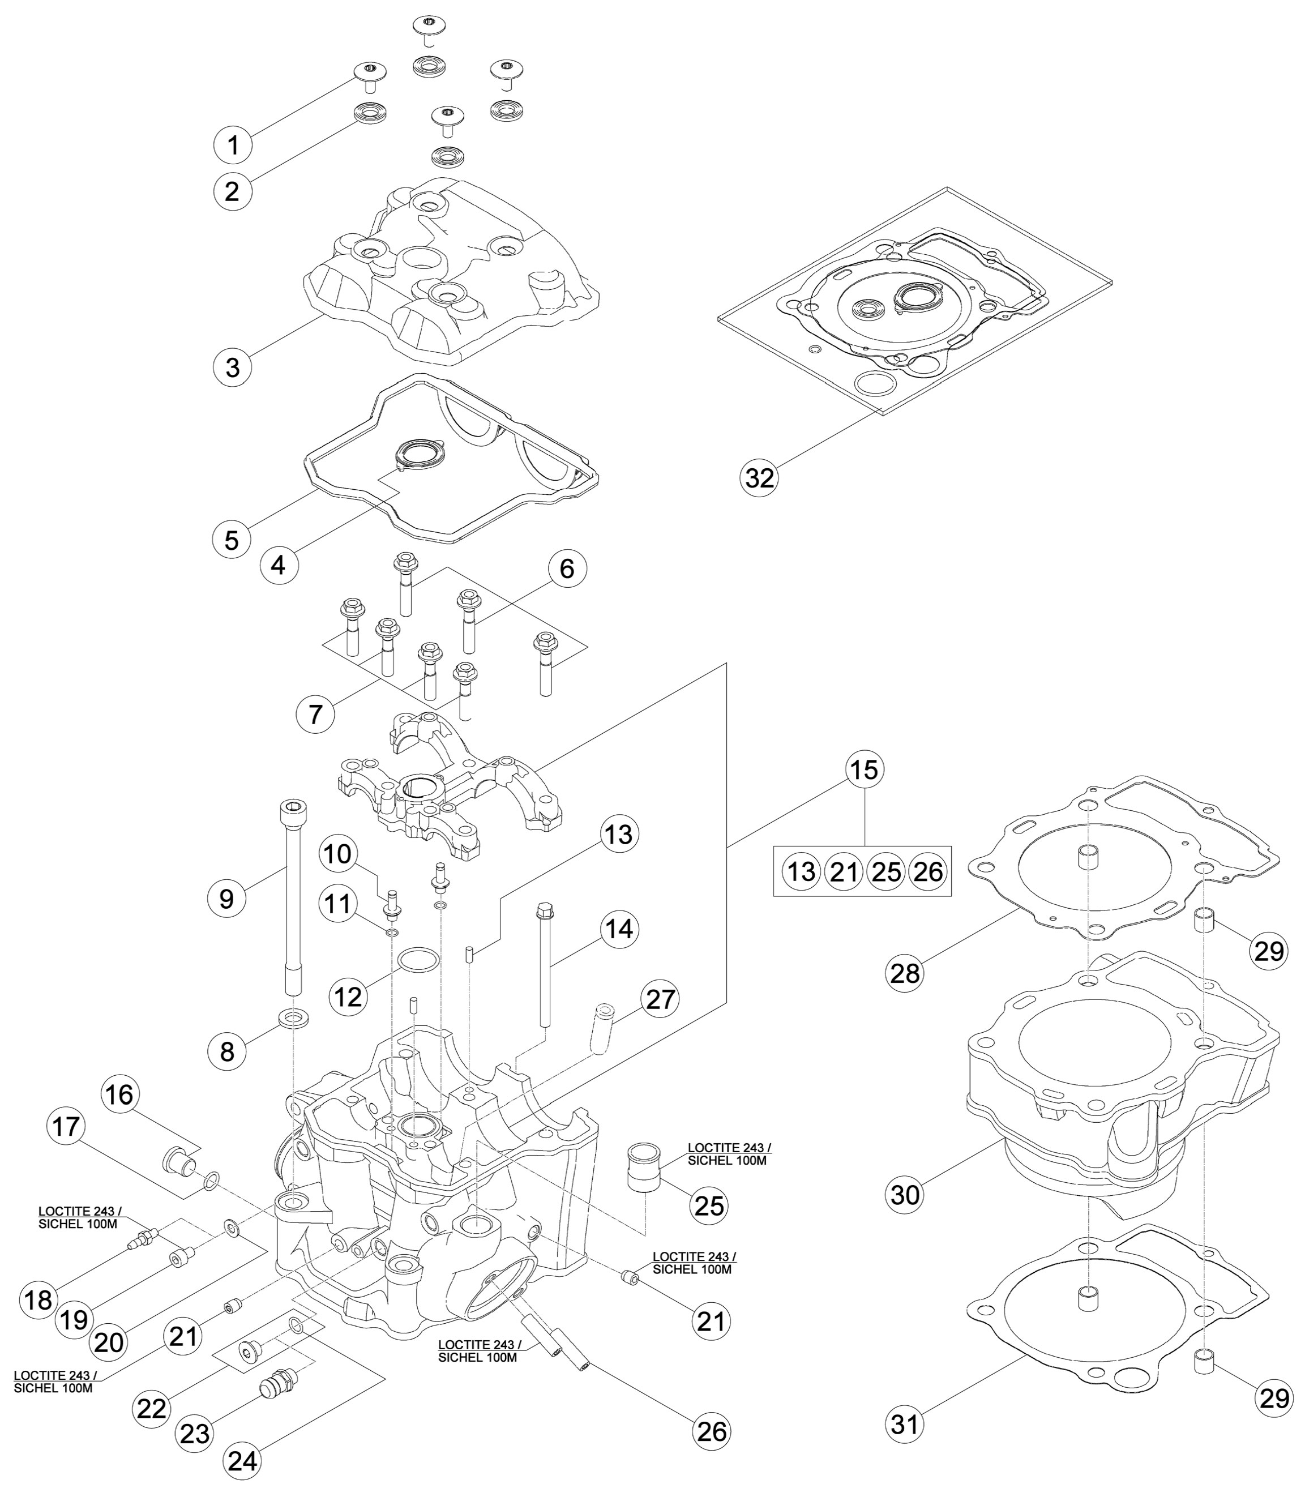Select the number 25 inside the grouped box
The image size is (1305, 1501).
click(886, 872)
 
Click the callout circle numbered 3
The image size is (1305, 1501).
click(232, 367)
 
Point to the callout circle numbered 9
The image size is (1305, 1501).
click(226, 899)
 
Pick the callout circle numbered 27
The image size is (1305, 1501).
click(660, 999)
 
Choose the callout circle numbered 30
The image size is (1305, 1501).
click(905, 1194)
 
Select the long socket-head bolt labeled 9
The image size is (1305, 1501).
click(293, 898)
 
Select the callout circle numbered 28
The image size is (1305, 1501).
click(905, 972)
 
